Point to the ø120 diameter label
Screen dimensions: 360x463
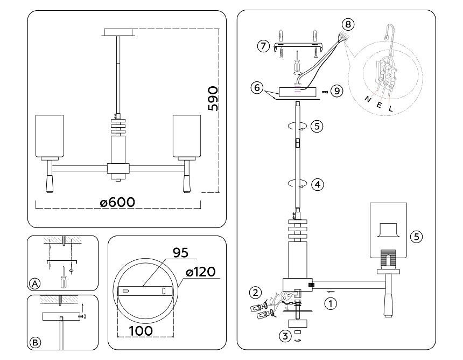(200, 273)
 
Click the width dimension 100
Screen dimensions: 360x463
(141, 330)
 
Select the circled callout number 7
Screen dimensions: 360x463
(263, 46)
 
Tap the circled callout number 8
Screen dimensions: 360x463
(348, 24)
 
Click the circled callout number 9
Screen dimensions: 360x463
(337, 91)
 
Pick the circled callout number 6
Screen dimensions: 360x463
(257, 87)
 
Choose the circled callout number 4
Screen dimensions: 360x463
(318, 184)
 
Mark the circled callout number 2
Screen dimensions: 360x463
(255, 293)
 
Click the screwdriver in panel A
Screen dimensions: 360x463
(64, 277)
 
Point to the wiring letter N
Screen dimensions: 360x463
(368, 99)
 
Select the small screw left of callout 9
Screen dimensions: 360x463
(325, 92)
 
